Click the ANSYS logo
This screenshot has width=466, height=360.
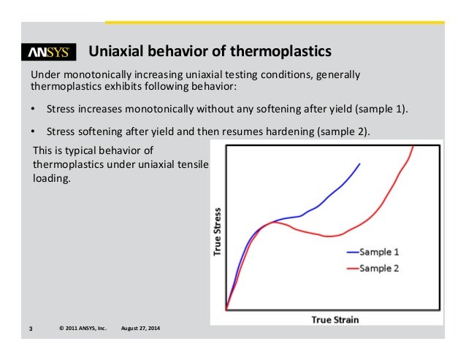point(48,53)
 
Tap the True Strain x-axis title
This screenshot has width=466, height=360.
point(335,319)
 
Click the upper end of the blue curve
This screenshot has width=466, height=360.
point(359,164)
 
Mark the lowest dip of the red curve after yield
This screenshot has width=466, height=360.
point(330,236)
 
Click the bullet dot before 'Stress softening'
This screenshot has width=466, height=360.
point(33,132)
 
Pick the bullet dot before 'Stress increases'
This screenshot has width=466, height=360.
point(33,110)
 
